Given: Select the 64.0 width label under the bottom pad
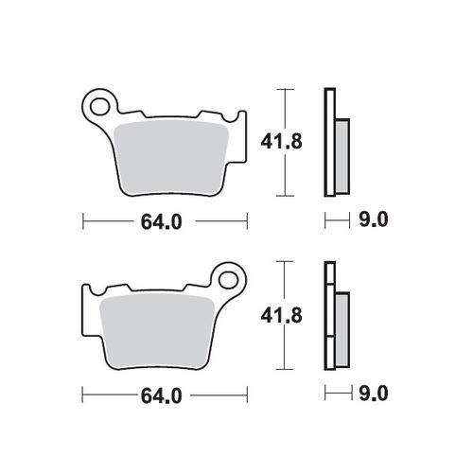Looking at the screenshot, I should [162, 393].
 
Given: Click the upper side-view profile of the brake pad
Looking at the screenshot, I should [330, 142].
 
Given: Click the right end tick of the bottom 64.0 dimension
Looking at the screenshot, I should [248, 393].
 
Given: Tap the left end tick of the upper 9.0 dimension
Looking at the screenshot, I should [325, 221].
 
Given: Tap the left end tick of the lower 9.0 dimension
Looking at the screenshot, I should [325, 393].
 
